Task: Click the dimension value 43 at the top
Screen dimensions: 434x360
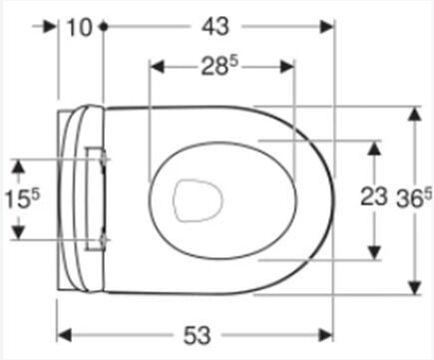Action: pyautogui.click(x=216, y=27)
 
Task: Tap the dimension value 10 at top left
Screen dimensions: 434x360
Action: pyautogui.click(x=79, y=27)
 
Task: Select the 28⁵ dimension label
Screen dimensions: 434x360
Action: pyautogui.click(x=219, y=66)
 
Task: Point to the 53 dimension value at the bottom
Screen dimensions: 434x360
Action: pyautogui.click(x=198, y=335)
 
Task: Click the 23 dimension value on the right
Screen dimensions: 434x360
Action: pyautogui.click(x=374, y=196)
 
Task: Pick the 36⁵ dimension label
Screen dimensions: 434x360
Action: pyautogui.click(x=414, y=198)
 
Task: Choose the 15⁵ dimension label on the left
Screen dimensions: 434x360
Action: pyautogui.click(x=22, y=199)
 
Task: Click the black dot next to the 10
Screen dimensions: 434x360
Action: pyautogui.click(x=104, y=26)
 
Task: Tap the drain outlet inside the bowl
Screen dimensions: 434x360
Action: pyautogui.click(x=198, y=200)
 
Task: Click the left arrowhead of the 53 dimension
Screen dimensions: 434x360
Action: pyautogui.click(x=64, y=335)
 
